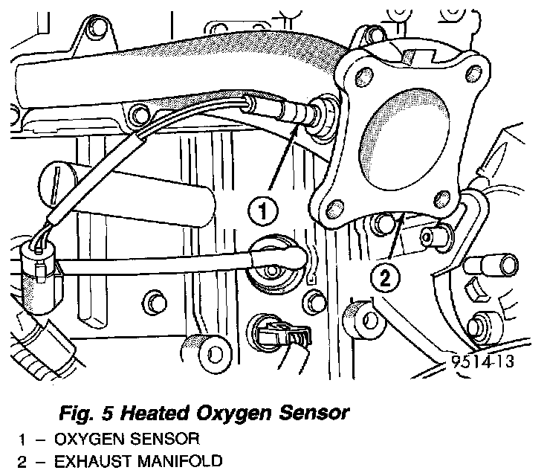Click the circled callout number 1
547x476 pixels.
click(263, 211)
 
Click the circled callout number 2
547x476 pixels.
click(385, 278)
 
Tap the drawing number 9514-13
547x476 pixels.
click(483, 361)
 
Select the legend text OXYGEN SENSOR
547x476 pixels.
click(127, 439)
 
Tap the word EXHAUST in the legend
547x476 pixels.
click(92, 461)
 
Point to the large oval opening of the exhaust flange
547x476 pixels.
click(404, 140)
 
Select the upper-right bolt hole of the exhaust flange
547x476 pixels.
click(473, 74)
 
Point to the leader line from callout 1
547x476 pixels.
click(283, 158)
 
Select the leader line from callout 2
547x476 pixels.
click(396, 237)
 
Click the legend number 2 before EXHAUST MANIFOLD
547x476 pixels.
click(22, 462)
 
